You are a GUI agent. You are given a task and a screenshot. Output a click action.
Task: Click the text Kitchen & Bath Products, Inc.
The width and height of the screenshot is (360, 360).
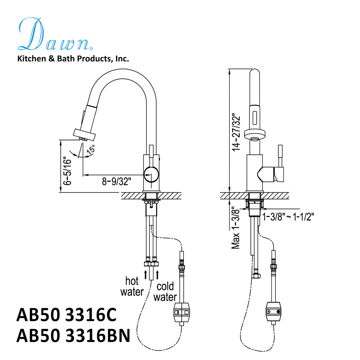pos(73,59)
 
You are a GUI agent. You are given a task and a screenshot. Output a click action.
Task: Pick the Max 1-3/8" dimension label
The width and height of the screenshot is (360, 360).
pos(236,228)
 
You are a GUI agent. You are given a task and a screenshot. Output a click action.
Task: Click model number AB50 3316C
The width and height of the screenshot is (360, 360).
pos(67,316)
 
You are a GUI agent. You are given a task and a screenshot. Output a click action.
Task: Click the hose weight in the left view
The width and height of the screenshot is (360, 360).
pos(183,312)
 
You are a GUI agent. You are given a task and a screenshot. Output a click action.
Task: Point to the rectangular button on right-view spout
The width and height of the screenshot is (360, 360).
pos(255,117)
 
